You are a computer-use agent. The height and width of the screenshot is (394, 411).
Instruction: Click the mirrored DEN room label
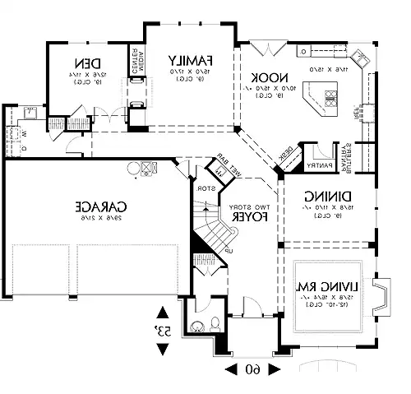point(87,63)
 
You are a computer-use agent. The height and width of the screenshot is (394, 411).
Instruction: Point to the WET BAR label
point(228,162)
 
